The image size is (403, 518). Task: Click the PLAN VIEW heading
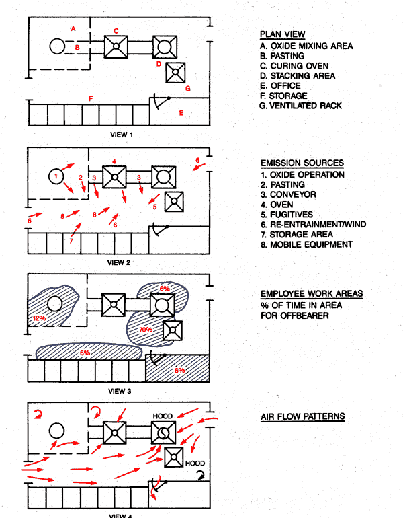[283, 34]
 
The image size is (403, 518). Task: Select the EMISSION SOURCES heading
[302, 163]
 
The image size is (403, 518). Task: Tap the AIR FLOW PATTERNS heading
[302, 416]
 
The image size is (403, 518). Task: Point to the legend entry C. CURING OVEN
[294, 66]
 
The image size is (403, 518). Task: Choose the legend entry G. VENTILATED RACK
[301, 106]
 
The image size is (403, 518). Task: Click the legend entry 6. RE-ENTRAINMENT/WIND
[313, 224]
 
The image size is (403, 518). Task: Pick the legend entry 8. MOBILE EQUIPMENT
[306, 244]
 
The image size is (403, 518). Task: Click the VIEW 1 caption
[122, 135]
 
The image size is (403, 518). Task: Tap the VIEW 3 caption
[120, 390]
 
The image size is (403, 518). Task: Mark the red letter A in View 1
[73, 28]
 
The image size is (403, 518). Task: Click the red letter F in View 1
[90, 99]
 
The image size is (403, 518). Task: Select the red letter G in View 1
[187, 88]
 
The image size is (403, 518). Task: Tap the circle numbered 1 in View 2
[56, 176]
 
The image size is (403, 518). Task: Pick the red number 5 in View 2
[155, 207]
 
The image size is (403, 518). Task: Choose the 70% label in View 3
[146, 330]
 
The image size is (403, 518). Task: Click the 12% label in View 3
[38, 316]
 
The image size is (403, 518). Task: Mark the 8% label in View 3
[180, 370]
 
